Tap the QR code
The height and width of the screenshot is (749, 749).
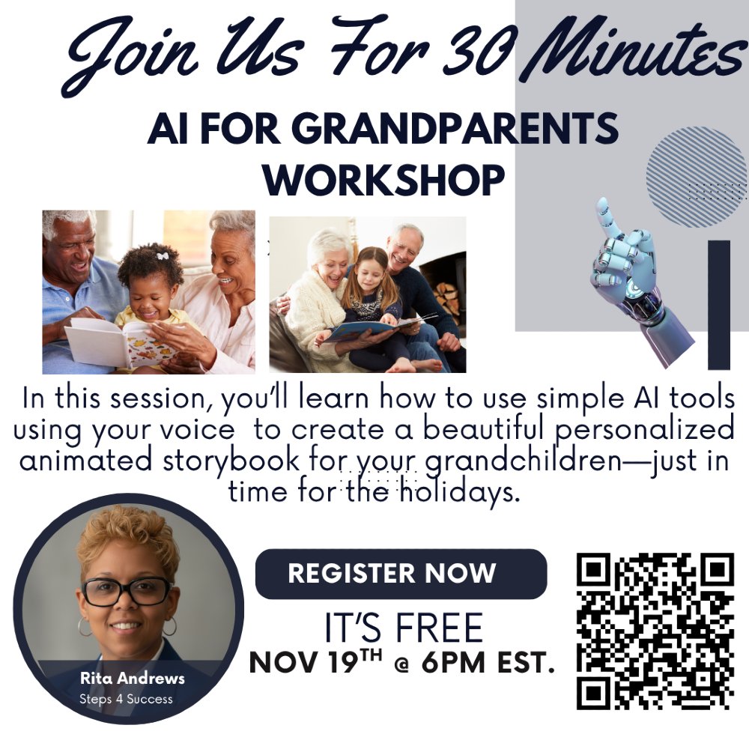click(655, 631)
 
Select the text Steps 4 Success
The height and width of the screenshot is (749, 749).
click(126, 700)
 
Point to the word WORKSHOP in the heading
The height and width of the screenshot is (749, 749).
click(383, 180)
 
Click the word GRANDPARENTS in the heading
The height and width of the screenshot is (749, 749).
click(455, 130)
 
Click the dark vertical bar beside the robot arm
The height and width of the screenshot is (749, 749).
click(718, 304)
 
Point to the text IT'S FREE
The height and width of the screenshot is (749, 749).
click(403, 628)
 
